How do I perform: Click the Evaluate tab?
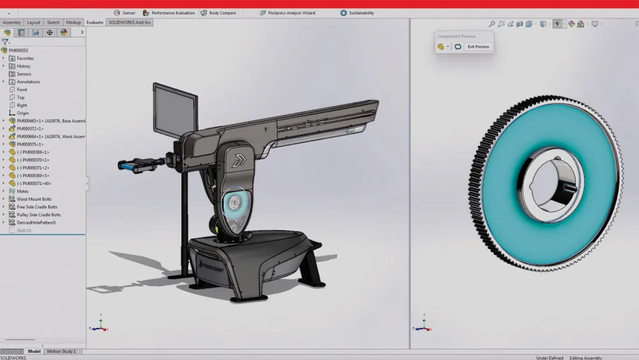point(95,22)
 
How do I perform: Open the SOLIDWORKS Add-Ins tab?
point(130,22)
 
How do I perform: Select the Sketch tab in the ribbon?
point(53,22)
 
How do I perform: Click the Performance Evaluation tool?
point(169,13)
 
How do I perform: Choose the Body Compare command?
point(219,13)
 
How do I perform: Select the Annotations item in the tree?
point(28,82)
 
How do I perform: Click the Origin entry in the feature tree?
point(22,113)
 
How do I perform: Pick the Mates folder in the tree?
point(22,191)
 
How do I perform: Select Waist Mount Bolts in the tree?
point(34,199)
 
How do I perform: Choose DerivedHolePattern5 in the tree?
point(36,223)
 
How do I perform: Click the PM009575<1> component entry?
point(30,145)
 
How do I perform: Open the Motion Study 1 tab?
point(61,351)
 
